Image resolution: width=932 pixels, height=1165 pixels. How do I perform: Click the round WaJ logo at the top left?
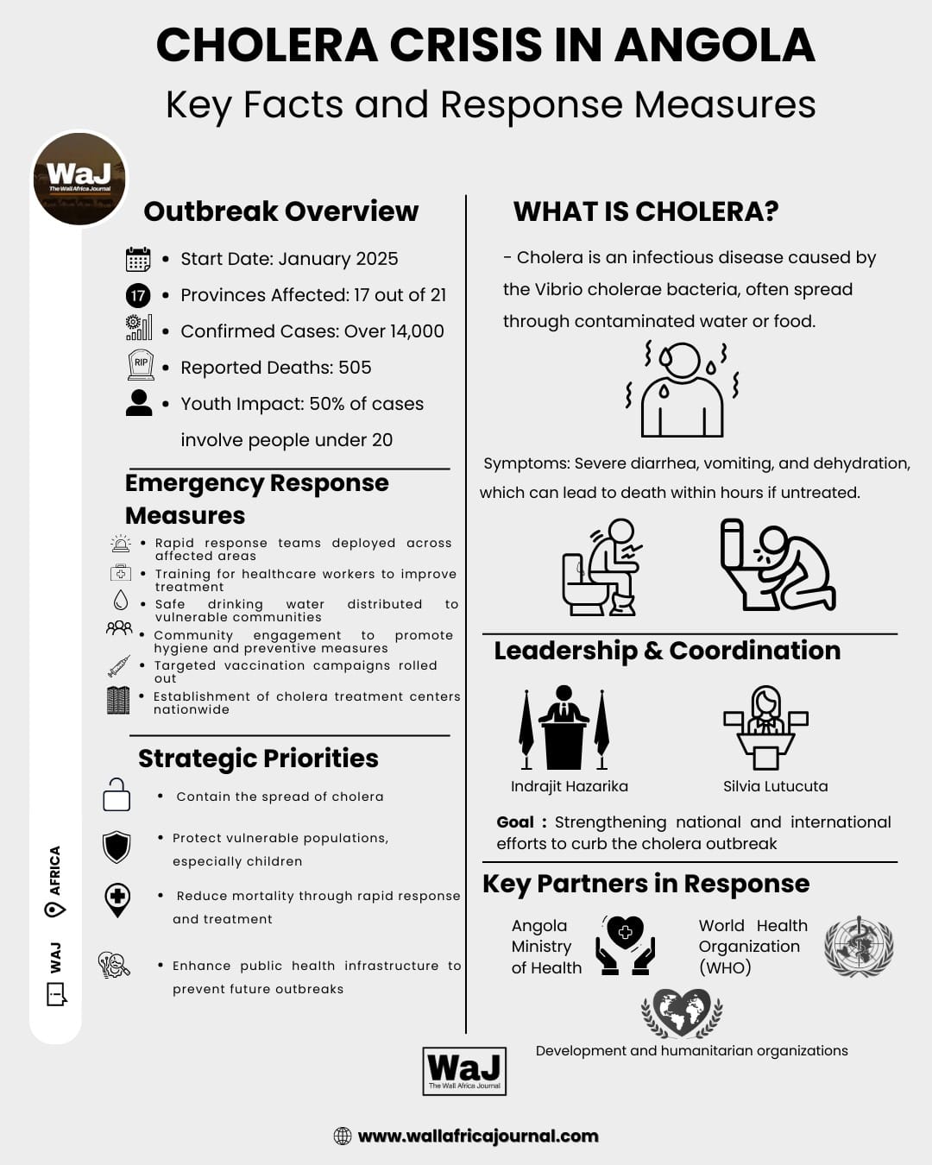point(79,179)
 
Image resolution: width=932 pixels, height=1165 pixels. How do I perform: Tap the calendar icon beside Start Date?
point(138,259)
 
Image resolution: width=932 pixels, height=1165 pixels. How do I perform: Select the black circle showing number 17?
point(138,296)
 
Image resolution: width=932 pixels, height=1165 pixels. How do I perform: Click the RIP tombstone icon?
point(141,364)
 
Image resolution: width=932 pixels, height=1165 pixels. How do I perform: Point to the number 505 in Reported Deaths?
point(355,368)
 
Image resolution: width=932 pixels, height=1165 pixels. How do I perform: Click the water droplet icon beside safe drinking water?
point(121,600)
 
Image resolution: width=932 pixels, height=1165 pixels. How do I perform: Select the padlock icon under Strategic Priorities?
point(116,795)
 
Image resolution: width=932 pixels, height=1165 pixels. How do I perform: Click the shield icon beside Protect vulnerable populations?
point(116,847)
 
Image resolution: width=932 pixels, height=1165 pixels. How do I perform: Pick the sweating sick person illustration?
point(682,390)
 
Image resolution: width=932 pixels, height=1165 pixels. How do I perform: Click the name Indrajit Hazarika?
point(570,786)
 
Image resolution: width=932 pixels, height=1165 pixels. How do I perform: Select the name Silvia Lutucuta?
point(775,786)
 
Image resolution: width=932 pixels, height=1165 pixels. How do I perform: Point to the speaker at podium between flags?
point(564,727)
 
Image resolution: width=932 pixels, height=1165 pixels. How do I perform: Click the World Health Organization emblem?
point(859,947)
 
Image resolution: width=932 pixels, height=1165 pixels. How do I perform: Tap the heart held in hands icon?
point(627,946)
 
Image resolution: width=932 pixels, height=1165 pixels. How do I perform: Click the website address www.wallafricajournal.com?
point(478,1136)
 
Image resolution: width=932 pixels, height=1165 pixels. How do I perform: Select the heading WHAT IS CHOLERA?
point(645,211)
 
